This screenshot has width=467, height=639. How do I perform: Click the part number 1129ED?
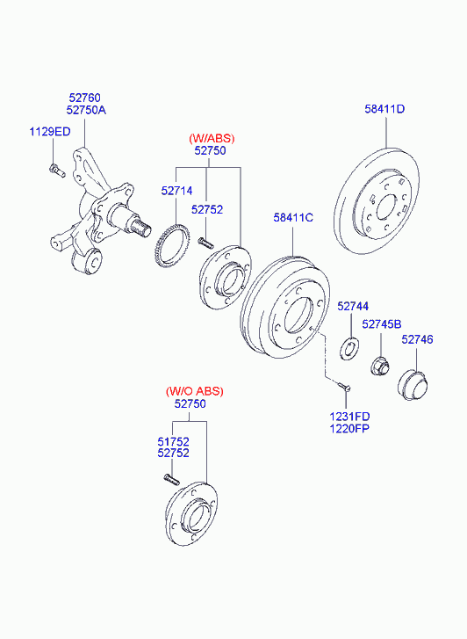pos(50,132)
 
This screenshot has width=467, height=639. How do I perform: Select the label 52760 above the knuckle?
pos(84,98)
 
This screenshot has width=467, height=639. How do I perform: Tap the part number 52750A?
pos(86,110)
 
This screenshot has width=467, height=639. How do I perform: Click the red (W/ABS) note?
pos(212,139)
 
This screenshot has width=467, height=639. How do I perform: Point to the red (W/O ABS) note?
pos(195,391)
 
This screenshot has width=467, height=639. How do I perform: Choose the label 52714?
pos(176,191)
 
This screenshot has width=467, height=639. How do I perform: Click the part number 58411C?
pos(293,218)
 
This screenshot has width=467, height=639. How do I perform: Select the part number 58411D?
pos(384,109)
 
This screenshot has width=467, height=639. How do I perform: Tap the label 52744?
pos(353,307)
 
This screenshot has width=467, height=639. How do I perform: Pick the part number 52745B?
pos(382,324)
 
